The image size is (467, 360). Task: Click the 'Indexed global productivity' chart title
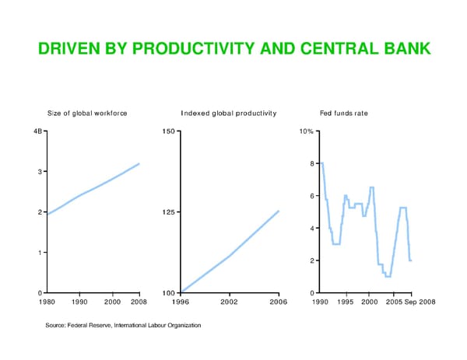[229, 114]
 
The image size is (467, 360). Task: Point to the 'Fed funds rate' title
[344, 114]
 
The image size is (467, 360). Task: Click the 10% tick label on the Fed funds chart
[306, 131]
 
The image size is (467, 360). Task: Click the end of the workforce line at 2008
[139, 163]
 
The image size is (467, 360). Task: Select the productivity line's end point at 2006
[278, 211]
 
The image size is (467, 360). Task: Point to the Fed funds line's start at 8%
[321, 163]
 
